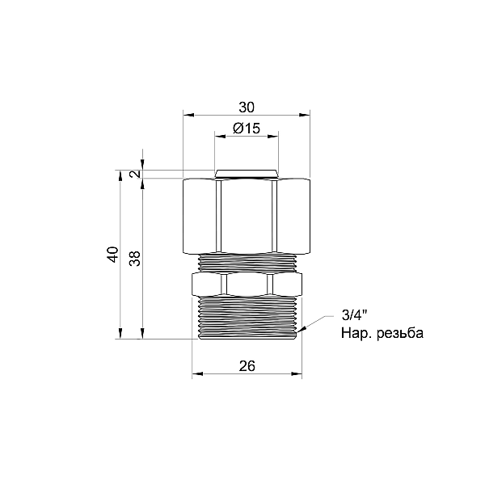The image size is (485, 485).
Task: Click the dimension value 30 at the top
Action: (x=247, y=107)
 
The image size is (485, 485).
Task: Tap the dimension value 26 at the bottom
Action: (x=247, y=366)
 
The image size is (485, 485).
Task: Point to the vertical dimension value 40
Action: (x=112, y=256)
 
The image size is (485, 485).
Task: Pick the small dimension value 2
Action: (x=134, y=173)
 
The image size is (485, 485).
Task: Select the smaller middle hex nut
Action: (x=247, y=284)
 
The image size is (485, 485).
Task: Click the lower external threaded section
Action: (x=247, y=317)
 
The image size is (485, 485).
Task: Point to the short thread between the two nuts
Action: (x=247, y=261)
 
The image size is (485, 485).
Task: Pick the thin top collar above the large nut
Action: (x=247, y=173)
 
